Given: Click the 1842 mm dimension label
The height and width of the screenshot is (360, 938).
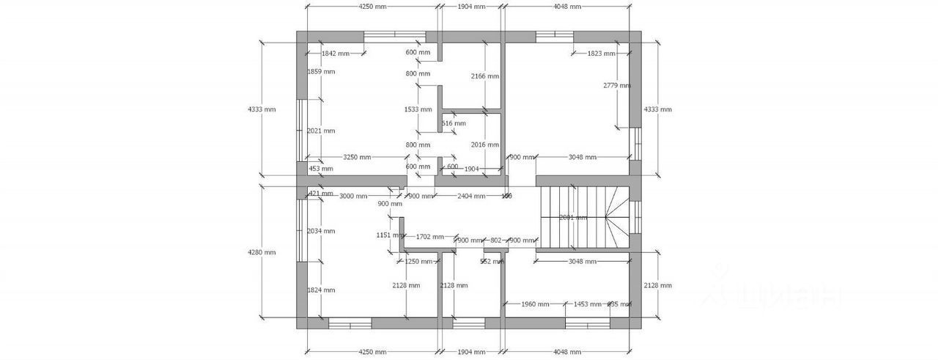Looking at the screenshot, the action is coord(335,54).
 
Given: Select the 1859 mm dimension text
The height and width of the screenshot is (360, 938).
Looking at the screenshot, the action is coord(321,72).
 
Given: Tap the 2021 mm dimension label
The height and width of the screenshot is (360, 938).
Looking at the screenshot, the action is coord(321,131).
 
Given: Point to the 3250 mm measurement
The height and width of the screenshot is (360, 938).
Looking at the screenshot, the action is coord(357,158).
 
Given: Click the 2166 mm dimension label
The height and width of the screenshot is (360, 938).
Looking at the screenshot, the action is coord(485,76).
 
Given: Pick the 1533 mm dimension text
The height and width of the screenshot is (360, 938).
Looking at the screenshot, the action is coord(418,110).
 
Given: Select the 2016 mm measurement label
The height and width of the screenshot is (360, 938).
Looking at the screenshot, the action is coord(485,144).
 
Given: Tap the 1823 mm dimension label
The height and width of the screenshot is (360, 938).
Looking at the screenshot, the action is coord(602,54).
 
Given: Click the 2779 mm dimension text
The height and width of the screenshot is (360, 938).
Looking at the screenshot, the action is coord(617,86).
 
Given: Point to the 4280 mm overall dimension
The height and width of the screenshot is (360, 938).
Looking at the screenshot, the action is coord(262,252).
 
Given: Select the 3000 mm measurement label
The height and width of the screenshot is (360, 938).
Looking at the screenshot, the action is coord(352,196).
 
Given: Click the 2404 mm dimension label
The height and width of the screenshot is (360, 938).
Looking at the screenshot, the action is coord(471,196).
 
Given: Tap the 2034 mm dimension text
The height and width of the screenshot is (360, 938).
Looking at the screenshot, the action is coord(321,231).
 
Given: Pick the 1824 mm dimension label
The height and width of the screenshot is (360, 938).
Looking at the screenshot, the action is coord(321,290).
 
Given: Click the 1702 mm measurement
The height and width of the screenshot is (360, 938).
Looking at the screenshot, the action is coord(429,237).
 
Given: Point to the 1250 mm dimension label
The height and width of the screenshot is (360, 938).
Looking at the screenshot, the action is coord(418,261).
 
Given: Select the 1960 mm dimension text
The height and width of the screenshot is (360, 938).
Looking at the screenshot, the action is coord(534,304).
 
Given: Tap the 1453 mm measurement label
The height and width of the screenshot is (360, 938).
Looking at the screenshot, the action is coord(587,304).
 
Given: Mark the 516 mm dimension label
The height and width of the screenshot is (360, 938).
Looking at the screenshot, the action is coord(454,124).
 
